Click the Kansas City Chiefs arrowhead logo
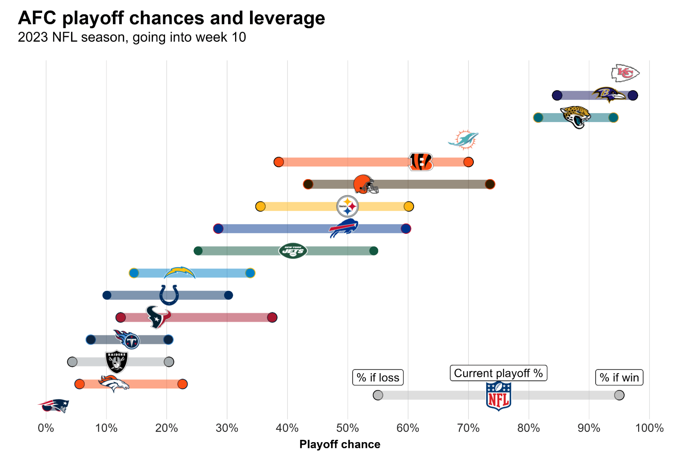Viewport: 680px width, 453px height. coord(625,73)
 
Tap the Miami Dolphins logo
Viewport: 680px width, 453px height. coord(463,140)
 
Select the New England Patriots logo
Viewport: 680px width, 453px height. coord(54,405)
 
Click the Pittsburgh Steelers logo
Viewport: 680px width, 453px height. coord(347,206)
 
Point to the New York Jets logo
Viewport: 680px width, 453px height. coord(293,251)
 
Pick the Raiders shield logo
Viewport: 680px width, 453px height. coord(116,362)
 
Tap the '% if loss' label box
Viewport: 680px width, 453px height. coord(378,377)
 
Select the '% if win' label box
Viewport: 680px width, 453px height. coord(619,377)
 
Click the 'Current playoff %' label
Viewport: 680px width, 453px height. coord(498,373)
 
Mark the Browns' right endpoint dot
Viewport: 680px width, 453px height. coord(490,184)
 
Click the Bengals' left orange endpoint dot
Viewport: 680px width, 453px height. coord(279,162)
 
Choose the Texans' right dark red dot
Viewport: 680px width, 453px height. coord(272,317)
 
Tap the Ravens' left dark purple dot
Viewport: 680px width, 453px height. coord(557,95)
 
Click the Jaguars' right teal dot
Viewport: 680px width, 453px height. coord(613,118)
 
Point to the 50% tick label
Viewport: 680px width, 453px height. coord(347,428)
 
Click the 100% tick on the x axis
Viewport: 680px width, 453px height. coord(649,428)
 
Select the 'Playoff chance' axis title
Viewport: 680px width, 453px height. coord(339,444)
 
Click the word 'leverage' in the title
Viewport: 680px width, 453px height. coord(286,18)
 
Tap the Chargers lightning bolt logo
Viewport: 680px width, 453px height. coord(179,273)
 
